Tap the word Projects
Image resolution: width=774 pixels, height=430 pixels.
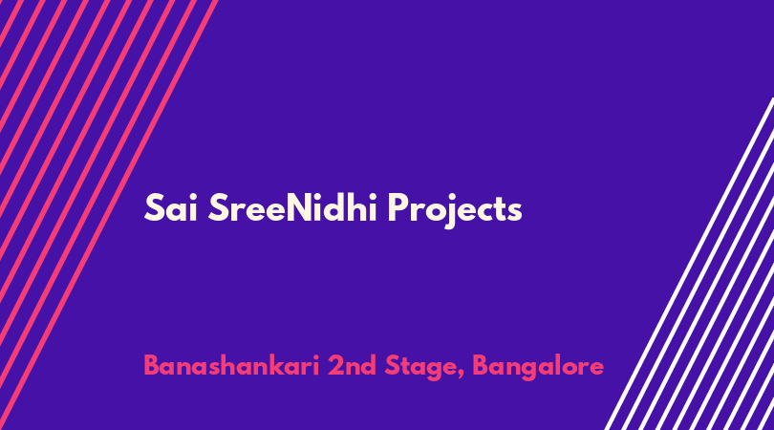(x=455, y=210)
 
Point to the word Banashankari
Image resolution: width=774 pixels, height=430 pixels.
(x=231, y=366)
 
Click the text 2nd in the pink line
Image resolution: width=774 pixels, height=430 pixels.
(x=352, y=366)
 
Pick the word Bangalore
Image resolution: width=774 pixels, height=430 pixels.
(x=538, y=368)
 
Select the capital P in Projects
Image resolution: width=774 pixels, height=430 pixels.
(x=398, y=207)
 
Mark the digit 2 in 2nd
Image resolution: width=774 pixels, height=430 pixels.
(x=335, y=366)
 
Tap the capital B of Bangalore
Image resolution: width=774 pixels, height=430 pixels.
(x=482, y=366)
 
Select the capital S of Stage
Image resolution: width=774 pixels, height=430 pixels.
(x=393, y=366)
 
